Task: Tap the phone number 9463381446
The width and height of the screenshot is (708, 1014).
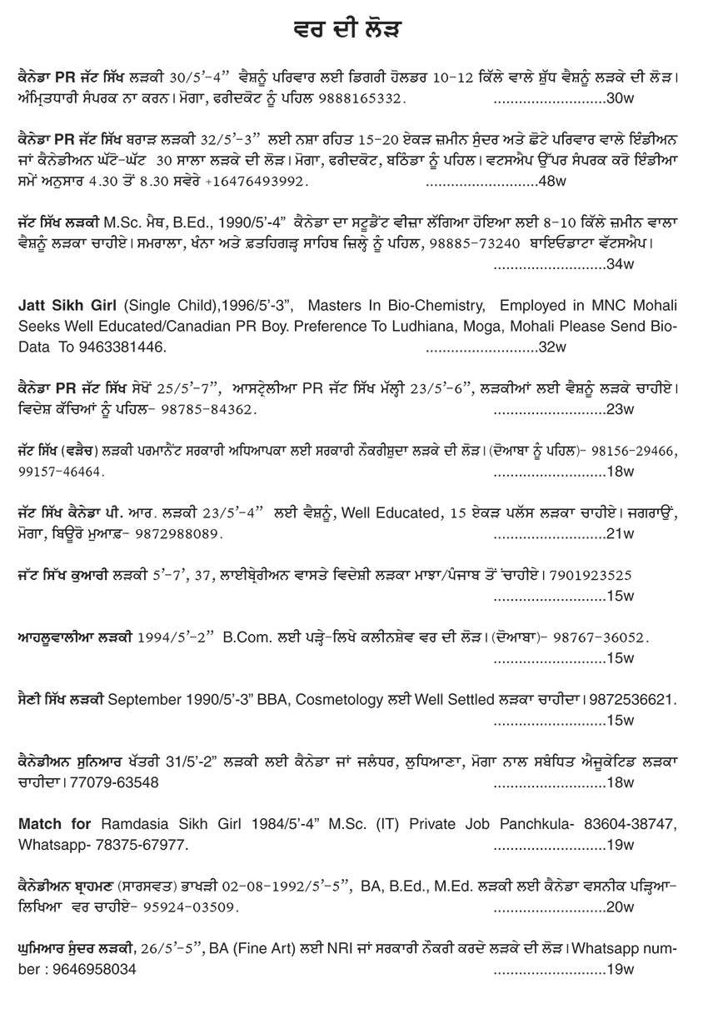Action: (125, 346)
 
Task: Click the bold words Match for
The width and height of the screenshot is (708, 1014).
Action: (55, 824)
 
